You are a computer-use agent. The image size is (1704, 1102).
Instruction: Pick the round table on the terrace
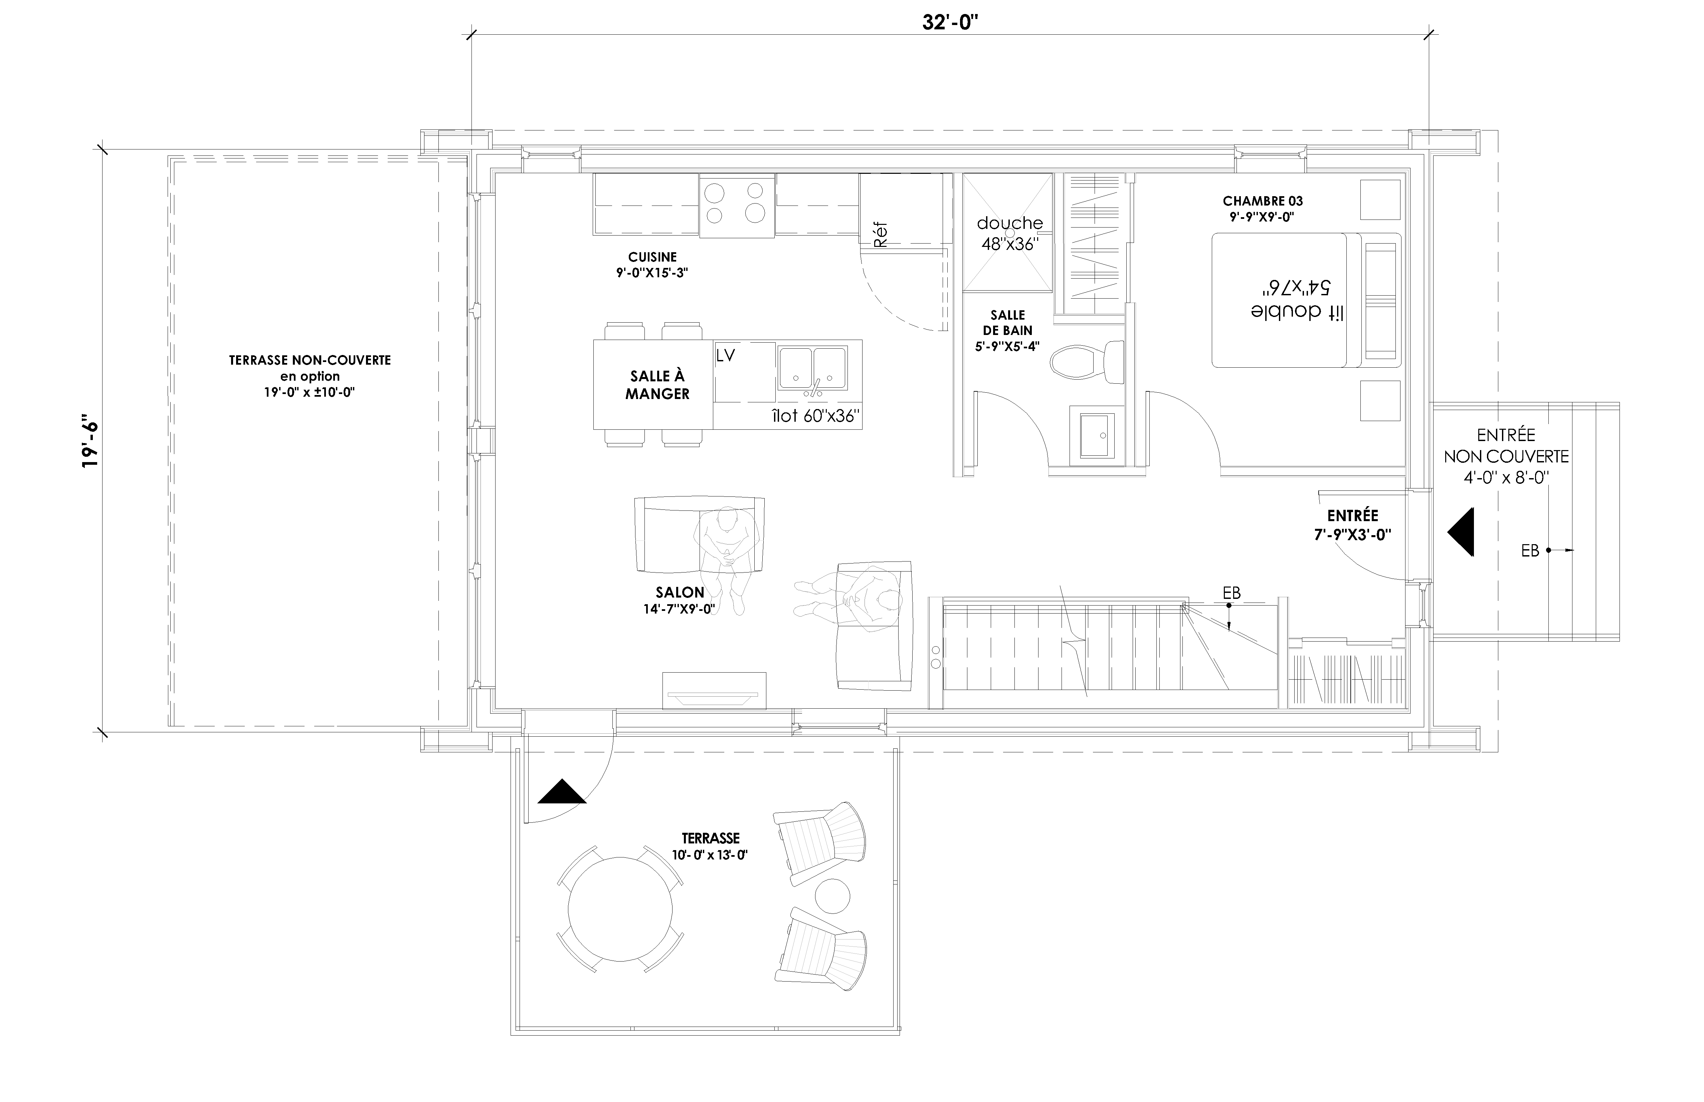coord(620,909)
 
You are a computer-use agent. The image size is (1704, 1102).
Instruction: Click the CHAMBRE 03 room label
coord(1262,201)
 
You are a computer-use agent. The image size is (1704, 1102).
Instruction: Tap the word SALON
coord(680,593)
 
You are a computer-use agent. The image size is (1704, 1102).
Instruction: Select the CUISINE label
coord(652,257)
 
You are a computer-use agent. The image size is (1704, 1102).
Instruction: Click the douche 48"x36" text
coord(1009,233)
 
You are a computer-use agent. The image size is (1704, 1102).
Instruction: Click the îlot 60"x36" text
coord(815,416)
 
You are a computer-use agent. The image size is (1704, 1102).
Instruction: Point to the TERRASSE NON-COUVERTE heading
coord(310,361)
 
